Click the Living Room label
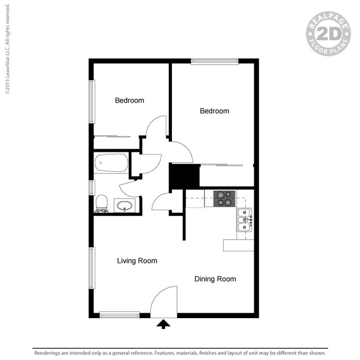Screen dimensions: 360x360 click(x=137, y=261)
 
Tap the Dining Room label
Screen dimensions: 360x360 click(x=215, y=279)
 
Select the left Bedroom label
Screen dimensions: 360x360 click(x=130, y=100)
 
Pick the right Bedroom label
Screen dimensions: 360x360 click(x=214, y=111)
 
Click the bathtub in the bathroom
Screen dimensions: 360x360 click(x=112, y=163)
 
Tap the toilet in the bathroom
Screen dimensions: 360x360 click(x=101, y=204)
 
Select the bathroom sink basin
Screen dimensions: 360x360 click(x=124, y=206)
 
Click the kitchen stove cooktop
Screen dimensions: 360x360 click(x=224, y=199)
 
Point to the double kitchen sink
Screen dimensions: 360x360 click(x=245, y=220)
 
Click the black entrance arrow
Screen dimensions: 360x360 click(x=163, y=324)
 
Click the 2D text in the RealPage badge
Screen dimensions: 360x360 click(x=328, y=34)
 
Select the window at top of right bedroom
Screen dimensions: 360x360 click(x=214, y=61)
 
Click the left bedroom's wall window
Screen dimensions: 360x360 click(x=92, y=101)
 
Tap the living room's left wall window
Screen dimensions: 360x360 click(x=92, y=268)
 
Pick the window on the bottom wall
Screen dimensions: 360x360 click(x=119, y=315)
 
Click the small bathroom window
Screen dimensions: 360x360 click(x=91, y=187)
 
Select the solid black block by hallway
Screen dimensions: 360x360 click(x=184, y=176)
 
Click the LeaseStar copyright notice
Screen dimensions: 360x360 click(x=7, y=49)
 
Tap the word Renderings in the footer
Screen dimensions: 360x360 click(x=48, y=353)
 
